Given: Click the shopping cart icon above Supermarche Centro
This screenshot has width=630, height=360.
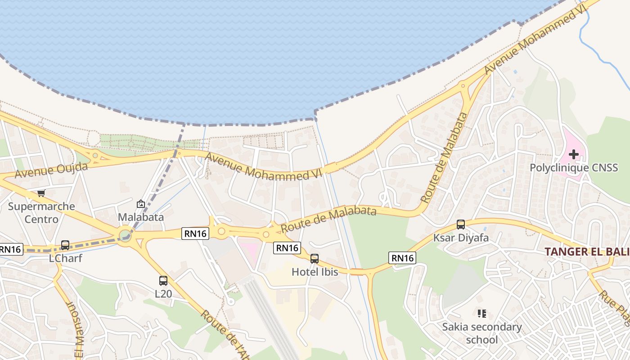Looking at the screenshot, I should point(41,193).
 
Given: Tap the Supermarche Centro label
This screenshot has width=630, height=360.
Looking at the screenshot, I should point(41,213).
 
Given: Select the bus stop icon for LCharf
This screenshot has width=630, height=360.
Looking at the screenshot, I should point(65,245).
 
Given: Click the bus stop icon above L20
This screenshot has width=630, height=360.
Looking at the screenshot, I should point(163,281).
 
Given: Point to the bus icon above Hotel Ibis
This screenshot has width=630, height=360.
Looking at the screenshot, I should point(315,259).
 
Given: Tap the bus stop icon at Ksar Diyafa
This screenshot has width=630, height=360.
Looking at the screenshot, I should point(461,224).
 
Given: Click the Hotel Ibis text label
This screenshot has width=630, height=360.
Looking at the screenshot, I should point(315,272).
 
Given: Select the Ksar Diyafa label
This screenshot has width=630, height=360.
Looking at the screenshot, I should point(461,238).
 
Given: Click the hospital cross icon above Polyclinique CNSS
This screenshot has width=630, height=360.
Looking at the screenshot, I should point(574,155).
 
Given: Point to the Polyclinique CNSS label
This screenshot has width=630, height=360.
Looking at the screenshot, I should point(574,168).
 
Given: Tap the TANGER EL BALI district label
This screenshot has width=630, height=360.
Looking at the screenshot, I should point(587,252).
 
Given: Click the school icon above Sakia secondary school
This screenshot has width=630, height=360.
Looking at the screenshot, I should point(482,313).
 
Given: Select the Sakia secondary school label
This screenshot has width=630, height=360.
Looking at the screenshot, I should point(482,333).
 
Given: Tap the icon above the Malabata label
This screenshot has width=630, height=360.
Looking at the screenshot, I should point(141,204).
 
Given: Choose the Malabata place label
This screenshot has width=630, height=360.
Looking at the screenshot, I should point(141,217).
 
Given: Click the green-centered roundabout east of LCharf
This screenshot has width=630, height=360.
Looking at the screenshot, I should point(125,235).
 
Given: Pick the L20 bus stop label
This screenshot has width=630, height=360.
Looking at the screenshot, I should point(163,294).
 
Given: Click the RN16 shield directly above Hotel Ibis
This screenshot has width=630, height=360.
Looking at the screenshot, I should point(287,247).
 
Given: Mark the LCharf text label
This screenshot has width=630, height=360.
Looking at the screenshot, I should point(65,259).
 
